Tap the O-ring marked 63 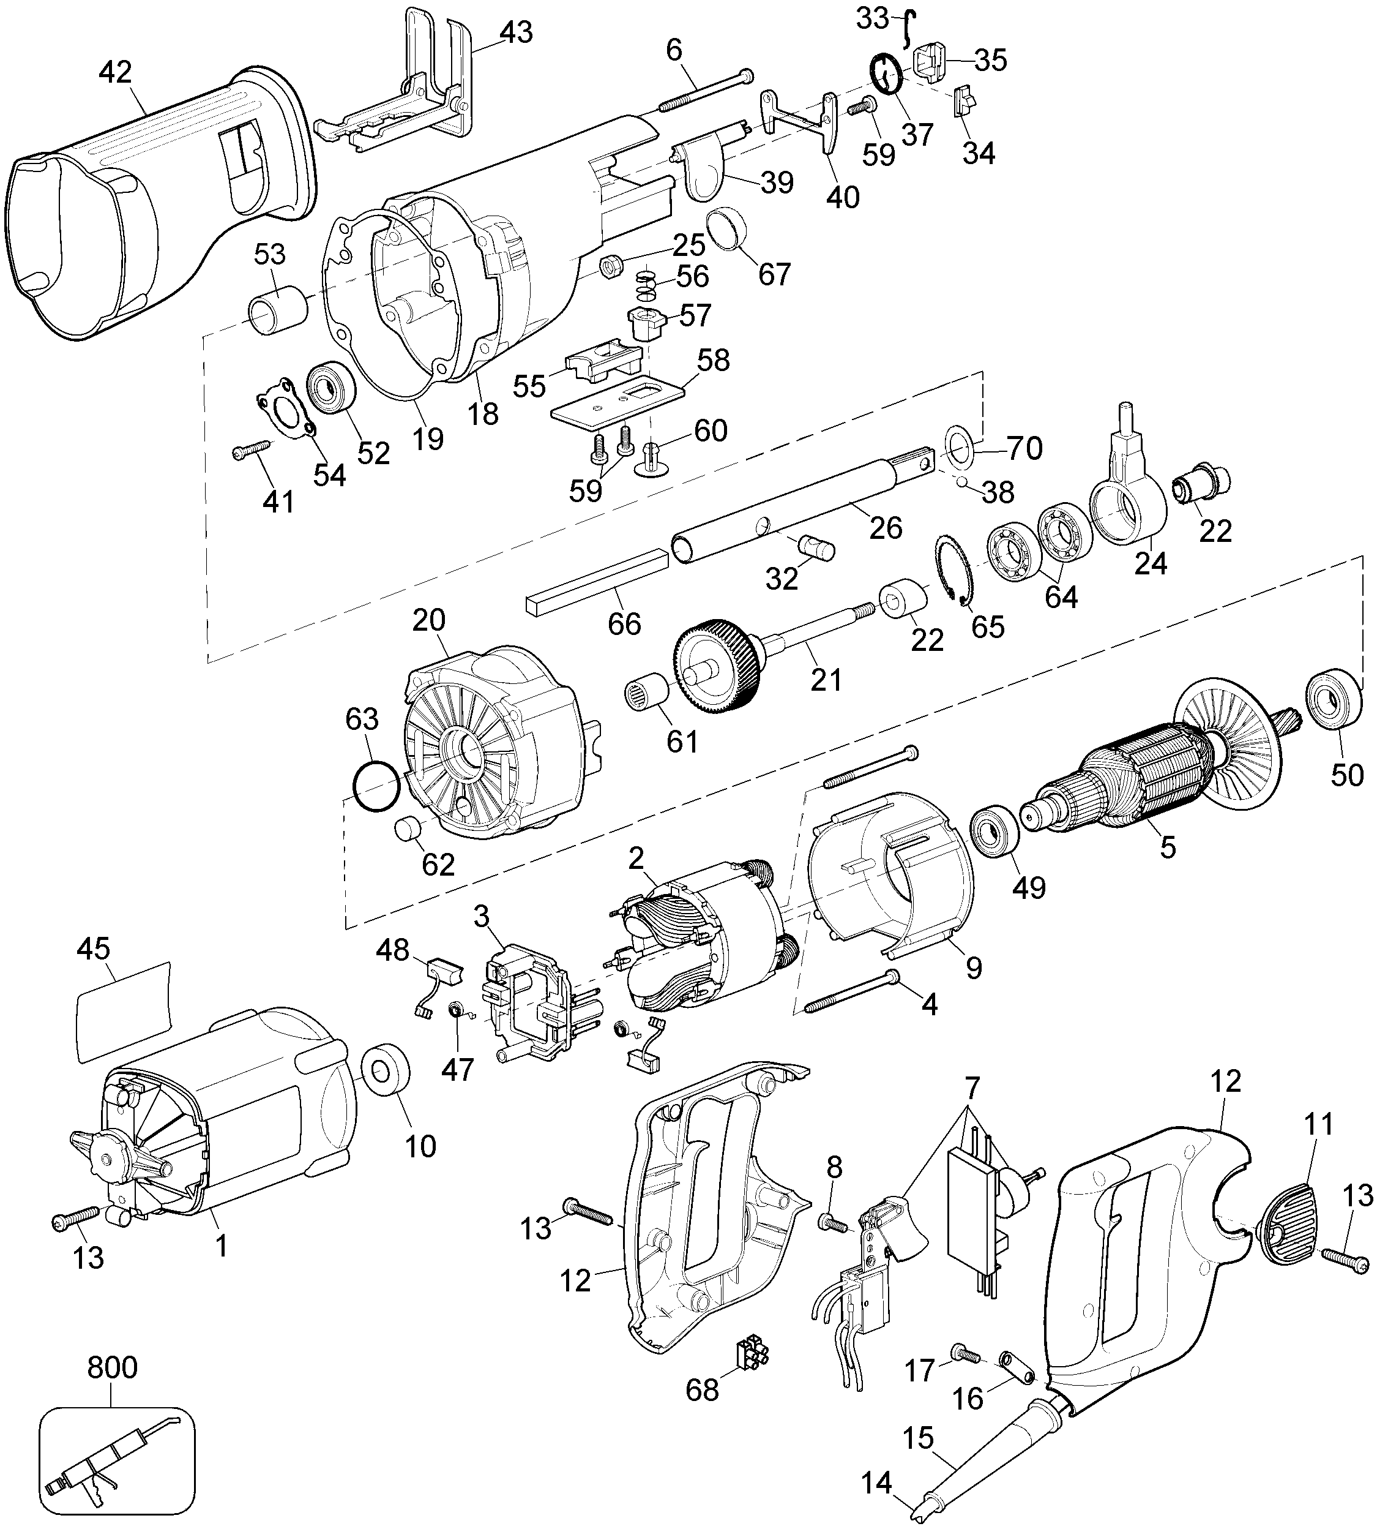coord(376,787)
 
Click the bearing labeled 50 coord(1331,697)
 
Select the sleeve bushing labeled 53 coord(278,310)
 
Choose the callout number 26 coord(885,528)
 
